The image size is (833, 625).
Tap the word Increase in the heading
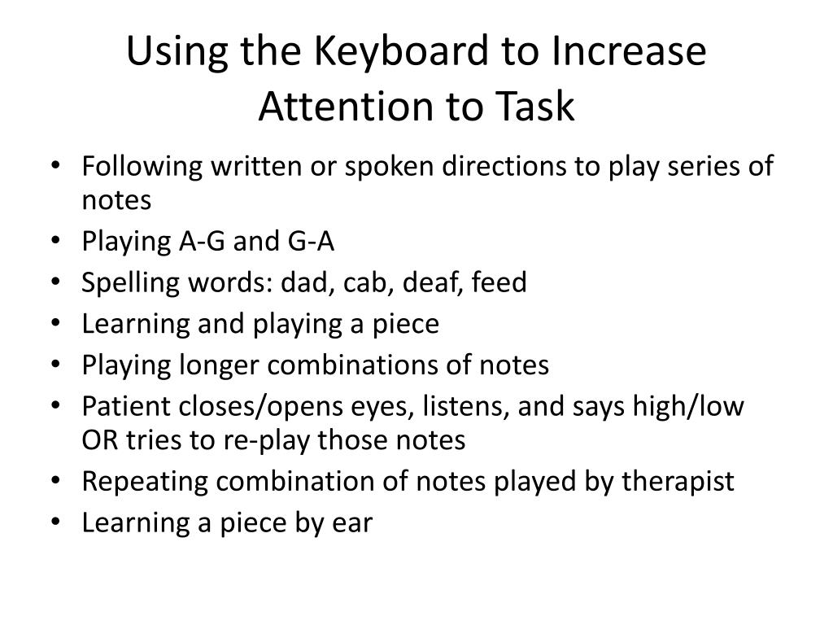point(629,53)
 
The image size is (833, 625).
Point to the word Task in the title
point(537,107)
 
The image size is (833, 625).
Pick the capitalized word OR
point(98,440)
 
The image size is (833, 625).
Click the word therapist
point(678,481)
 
